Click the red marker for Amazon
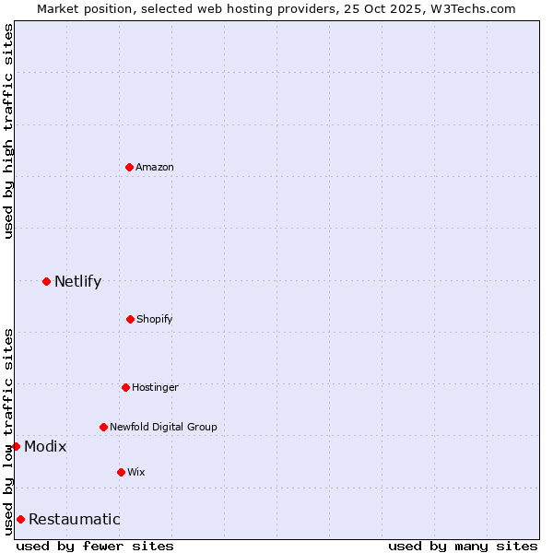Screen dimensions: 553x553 pyautogui.click(x=129, y=167)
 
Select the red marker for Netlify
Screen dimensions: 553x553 pyautogui.click(x=46, y=281)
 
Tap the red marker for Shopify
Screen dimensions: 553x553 pyautogui.click(x=130, y=319)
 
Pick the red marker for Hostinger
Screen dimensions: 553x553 pyautogui.click(x=125, y=387)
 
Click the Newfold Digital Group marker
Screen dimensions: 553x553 pyautogui.click(x=103, y=427)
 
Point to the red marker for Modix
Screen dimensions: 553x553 pyautogui.click(x=16, y=446)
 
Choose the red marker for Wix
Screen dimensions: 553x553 pyautogui.click(x=121, y=472)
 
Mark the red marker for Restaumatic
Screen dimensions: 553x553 pyautogui.click(x=20, y=519)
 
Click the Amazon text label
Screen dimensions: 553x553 pyautogui.click(x=155, y=167)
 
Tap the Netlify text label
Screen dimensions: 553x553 pyautogui.click(x=77, y=281)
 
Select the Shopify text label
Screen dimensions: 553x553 pyautogui.click(x=155, y=319)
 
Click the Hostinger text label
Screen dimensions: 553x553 pyautogui.click(x=155, y=387)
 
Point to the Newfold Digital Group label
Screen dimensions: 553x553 pyautogui.click(x=163, y=427)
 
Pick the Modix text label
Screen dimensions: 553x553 pyautogui.click(x=45, y=446)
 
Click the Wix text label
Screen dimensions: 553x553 pyautogui.click(x=136, y=472)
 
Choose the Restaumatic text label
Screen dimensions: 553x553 pyautogui.click(x=74, y=519)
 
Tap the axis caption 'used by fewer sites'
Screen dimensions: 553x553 pyautogui.click(x=95, y=546)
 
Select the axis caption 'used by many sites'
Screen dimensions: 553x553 pyautogui.click(x=463, y=546)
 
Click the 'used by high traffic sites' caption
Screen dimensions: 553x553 pyautogui.click(x=8, y=131)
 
